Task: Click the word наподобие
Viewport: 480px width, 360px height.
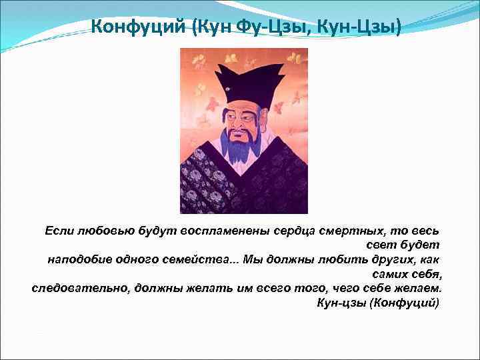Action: tap(78, 259)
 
